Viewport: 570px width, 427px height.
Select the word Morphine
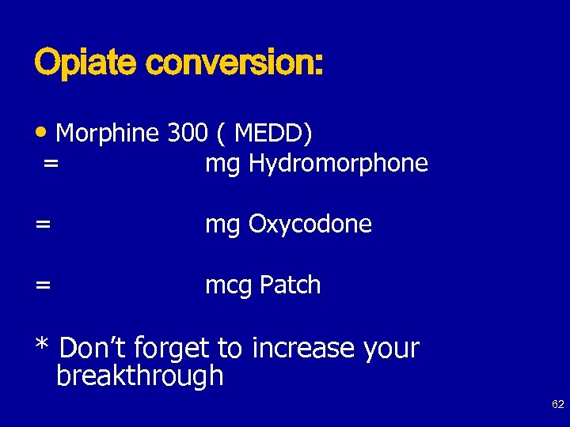coord(108,134)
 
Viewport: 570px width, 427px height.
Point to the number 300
coord(188,134)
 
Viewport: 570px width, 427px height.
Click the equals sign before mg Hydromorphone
coord(51,164)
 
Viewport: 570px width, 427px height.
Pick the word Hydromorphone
coord(338,164)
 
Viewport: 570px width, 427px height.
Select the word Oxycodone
coord(310,225)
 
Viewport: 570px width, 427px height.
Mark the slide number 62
coord(557,405)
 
